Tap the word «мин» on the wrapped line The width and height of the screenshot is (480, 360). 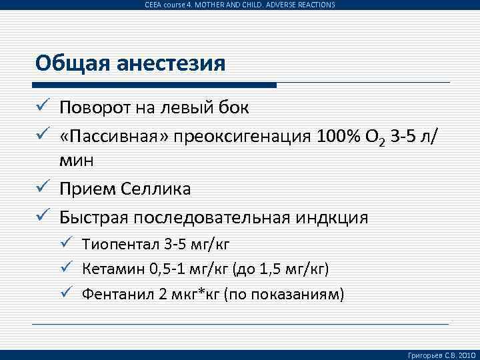tap(77, 161)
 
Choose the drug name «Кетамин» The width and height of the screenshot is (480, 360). tap(109, 269)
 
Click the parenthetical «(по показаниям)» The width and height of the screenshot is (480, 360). tap(284, 295)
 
